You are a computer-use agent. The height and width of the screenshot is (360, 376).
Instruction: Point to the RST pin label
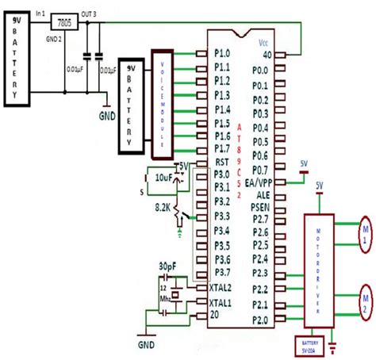(x=222, y=161)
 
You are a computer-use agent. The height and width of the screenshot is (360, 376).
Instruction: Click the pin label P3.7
(x=224, y=272)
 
